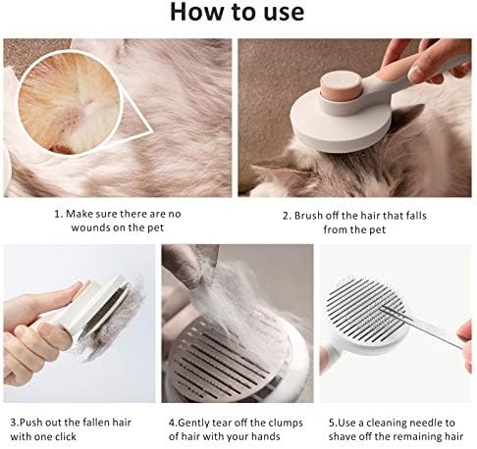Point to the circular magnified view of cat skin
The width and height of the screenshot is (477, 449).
(70, 103)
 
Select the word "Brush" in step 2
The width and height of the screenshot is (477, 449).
(308, 216)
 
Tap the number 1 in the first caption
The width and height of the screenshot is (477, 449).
(58, 215)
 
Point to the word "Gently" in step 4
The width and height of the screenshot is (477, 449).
(193, 424)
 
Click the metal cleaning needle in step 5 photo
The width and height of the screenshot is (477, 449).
(423, 327)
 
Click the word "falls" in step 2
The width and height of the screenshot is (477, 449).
(416, 216)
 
